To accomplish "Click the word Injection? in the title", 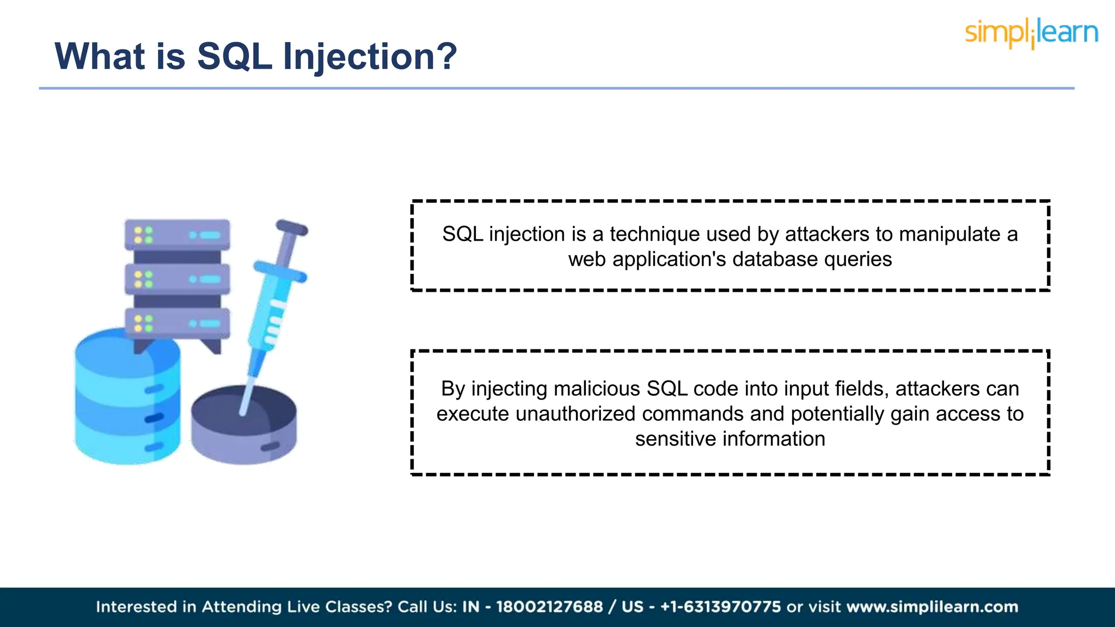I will click(x=370, y=57).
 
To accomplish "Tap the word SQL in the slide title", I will click(x=234, y=57).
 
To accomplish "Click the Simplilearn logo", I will click(x=1031, y=33).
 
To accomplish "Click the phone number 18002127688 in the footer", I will click(x=549, y=607).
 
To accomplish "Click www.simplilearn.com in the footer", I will click(x=932, y=607).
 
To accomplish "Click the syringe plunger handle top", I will click(x=292, y=228).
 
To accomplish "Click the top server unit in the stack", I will click(x=177, y=235).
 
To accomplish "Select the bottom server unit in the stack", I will click(x=177, y=323).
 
